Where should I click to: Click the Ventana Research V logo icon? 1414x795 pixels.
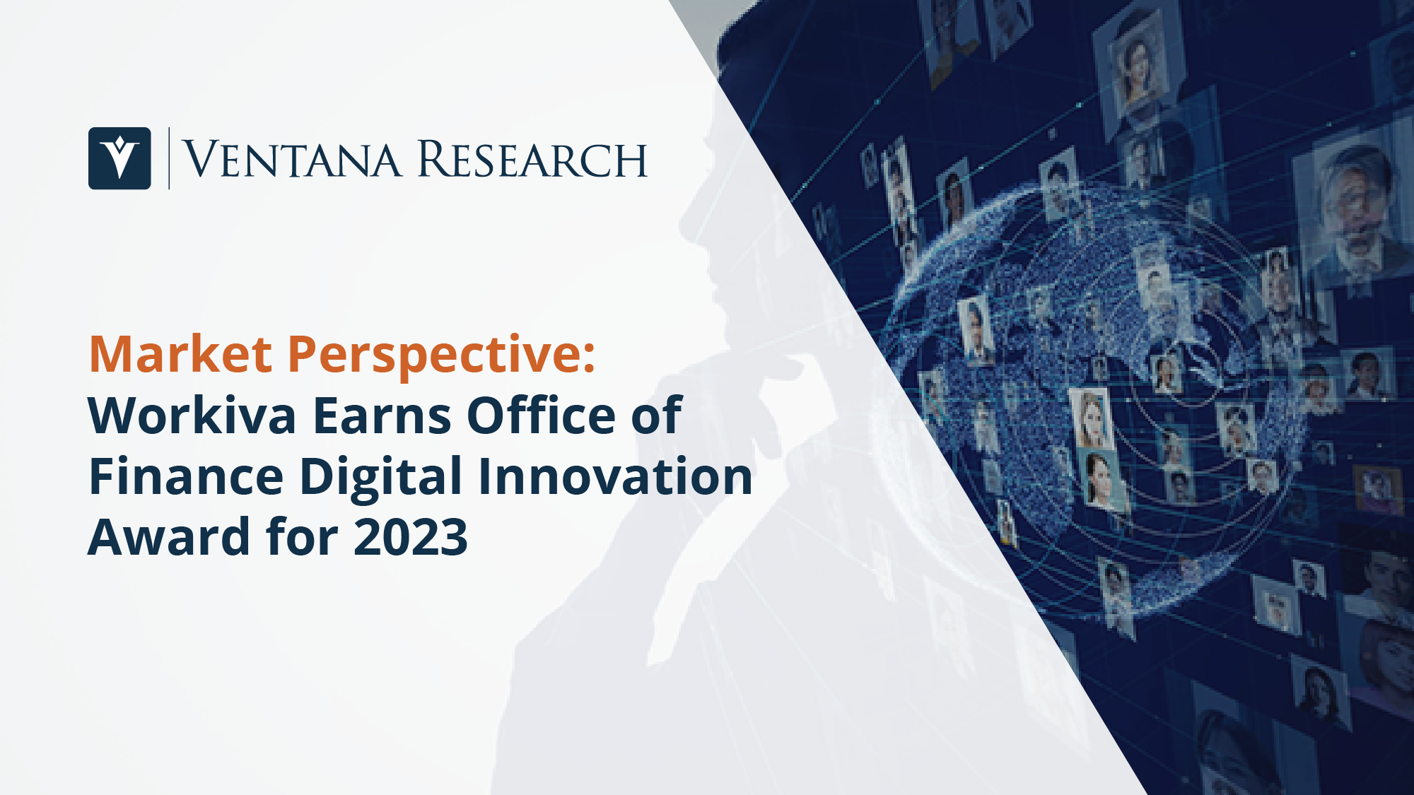[x=119, y=158]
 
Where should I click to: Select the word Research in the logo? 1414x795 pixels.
[x=532, y=159]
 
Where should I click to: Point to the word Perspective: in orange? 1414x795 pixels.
[x=442, y=356]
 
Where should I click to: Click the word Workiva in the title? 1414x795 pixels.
[x=192, y=415]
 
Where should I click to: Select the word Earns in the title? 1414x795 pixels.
[x=382, y=416]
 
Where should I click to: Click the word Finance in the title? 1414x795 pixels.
[x=186, y=476]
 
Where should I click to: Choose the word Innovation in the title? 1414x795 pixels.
[x=616, y=476]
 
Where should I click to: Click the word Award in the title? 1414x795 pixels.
[x=168, y=536]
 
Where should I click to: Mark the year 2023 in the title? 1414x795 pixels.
[x=410, y=537]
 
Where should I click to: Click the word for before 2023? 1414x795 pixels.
[x=301, y=536]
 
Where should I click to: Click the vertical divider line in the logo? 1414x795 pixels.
[x=169, y=158]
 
